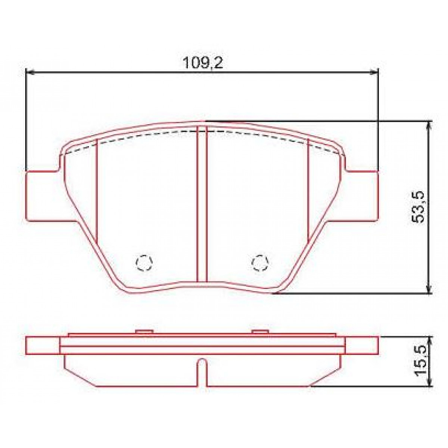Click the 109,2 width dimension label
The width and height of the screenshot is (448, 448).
click(x=202, y=63)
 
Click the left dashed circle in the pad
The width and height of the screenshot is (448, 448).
click(x=144, y=263)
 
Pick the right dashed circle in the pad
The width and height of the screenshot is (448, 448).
click(x=260, y=263)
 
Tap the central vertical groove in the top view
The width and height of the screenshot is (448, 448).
click(x=202, y=203)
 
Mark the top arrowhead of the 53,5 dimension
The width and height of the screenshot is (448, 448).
click(x=430, y=125)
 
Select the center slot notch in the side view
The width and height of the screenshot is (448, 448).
click(x=202, y=371)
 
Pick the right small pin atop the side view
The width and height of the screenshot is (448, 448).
click(x=259, y=332)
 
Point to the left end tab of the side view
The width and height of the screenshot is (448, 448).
click(x=43, y=345)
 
